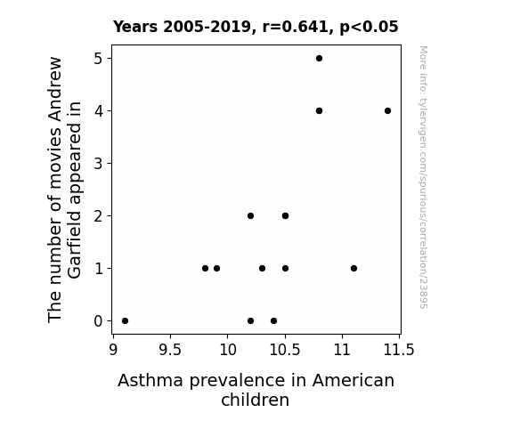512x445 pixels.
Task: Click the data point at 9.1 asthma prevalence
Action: pyautogui.click(x=125, y=321)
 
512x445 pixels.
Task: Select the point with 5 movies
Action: pyautogui.click(x=319, y=59)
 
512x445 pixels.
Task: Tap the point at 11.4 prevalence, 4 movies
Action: pyautogui.click(x=387, y=111)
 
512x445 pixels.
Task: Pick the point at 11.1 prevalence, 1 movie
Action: pyautogui.click(x=354, y=269)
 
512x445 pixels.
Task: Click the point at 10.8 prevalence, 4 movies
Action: pyautogui.click(x=319, y=111)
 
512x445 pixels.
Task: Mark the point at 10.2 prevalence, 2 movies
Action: pyautogui.click(x=250, y=215)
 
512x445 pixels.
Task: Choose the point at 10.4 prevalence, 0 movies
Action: pyautogui.click(x=273, y=321)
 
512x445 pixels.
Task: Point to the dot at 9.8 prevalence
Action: pyautogui.click(x=205, y=269)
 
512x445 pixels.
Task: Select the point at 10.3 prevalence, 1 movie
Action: pyautogui.click(x=262, y=269)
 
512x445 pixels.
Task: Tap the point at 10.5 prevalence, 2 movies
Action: pyautogui.click(x=285, y=215)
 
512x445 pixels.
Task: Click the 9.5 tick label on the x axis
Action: pyautogui.click(x=170, y=350)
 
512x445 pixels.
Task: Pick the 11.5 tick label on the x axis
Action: pyautogui.click(x=399, y=350)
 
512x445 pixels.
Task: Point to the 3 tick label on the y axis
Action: pyautogui.click(x=98, y=163)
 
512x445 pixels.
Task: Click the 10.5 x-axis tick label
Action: pyautogui.click(x=285, y=350)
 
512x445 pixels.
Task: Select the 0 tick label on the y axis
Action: pyautogui.click(x=98, y=321)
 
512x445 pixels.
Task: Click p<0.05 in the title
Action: pyautogui.click(x=369, y=28)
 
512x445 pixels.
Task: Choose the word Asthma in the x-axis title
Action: pyautogui.click(x=150, y=380)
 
